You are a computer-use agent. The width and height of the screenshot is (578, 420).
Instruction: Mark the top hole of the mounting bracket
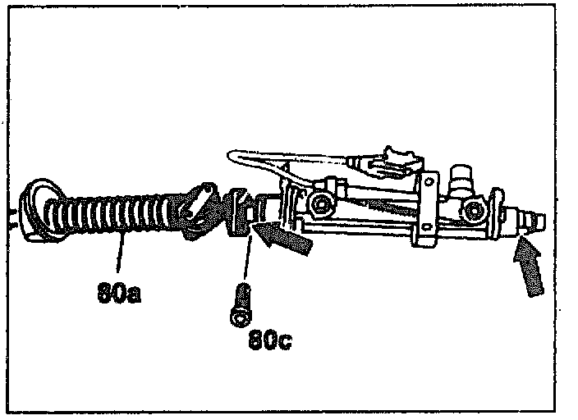pos(426,178)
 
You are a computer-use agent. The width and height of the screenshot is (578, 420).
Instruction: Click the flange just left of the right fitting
pos(498,212)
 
